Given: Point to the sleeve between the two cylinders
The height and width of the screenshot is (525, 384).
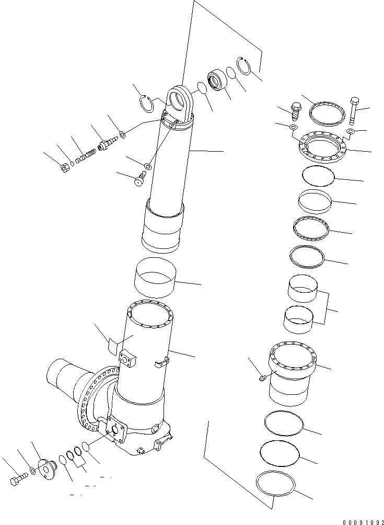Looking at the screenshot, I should coord(155,278).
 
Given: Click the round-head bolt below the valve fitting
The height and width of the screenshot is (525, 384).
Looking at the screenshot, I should coord(138,180).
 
